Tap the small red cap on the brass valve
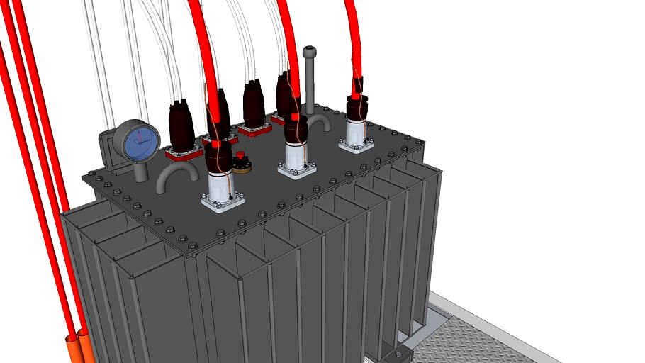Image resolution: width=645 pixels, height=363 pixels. [240, 155]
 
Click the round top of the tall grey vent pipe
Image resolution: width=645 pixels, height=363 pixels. [309, 52]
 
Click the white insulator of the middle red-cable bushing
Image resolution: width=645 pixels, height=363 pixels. [296, 154]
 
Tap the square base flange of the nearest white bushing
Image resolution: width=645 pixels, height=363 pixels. [223, 204]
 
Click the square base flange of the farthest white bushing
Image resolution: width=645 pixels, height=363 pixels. [356, 146]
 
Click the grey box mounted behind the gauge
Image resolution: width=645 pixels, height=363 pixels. [109, 150]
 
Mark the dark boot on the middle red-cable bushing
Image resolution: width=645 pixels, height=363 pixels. [296, 130]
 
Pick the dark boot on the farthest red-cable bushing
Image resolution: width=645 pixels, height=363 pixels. [357, 107]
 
